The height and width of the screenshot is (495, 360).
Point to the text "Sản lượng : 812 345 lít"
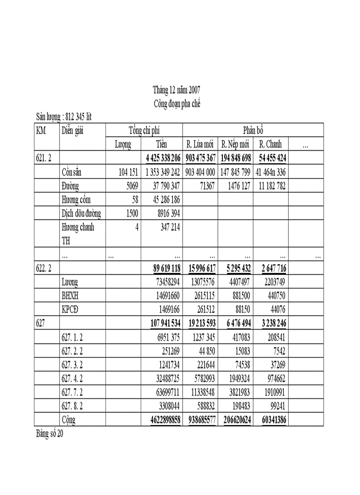click(x=64, y=117)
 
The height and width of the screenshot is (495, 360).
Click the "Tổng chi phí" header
click(x=144, y=130)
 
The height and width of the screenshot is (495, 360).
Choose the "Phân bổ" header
click(x=253, y=130)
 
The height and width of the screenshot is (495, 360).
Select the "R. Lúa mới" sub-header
click(x=200, y=144)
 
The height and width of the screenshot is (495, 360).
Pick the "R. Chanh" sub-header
click(x=270, y=144)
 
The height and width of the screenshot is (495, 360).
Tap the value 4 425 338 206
click(x=163, y=158)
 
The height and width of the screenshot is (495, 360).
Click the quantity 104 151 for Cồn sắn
click(x=128, y=172)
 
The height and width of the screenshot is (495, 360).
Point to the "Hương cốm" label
click(x=76, y=200)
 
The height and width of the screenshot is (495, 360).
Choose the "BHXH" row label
click(x=70, y=295)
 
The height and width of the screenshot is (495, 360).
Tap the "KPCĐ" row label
click(x=71, y=309)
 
